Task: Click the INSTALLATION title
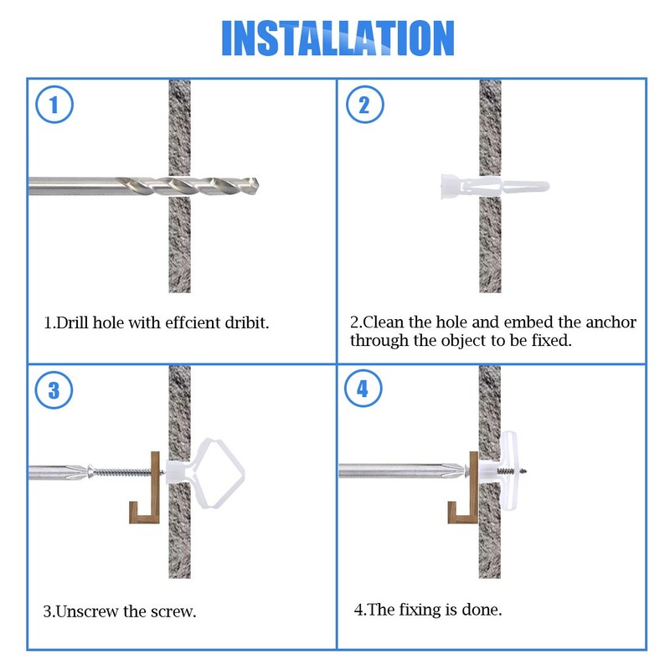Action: coord(338,38)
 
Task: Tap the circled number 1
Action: coord(54,105)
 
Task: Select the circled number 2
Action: coord(364,105)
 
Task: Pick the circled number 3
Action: coord(54,390)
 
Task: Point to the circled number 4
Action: coord(363,389)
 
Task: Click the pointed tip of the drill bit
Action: coord(258,185)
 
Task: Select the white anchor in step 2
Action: coord(495,186)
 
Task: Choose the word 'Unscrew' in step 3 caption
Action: coord(87,611)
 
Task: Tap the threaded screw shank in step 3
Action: coord(122,472)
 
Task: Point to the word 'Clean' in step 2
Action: coord(384,322)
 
